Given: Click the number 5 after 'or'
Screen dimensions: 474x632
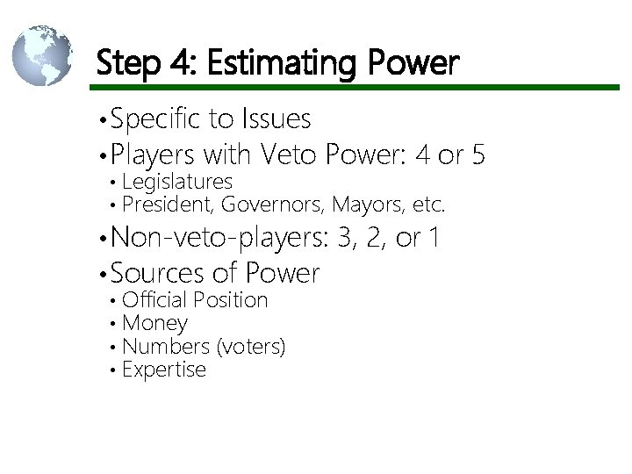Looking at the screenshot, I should [477, 155].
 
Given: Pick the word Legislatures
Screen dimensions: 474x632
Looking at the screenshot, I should [177, 182].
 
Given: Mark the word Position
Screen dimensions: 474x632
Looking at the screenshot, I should [230, 300].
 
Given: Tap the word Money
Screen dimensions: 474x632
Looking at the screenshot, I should [154, 324].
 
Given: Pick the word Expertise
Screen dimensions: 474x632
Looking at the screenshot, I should [164, 370].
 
